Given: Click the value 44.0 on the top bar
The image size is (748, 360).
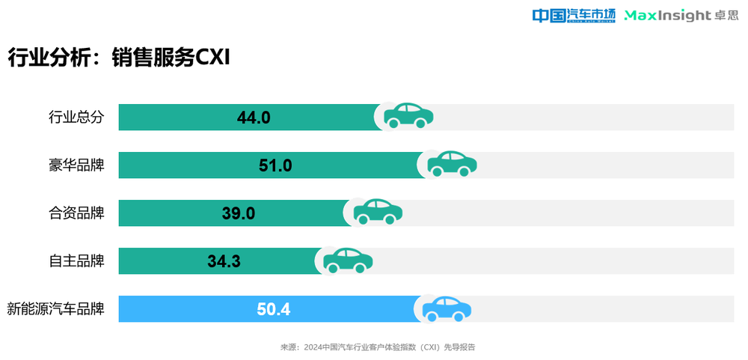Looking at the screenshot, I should coord(253,118).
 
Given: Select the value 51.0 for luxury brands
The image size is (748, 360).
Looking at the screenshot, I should coord(275,165).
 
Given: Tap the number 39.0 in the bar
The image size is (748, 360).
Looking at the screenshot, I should coord(239,213).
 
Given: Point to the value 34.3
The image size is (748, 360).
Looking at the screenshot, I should coord(224,261).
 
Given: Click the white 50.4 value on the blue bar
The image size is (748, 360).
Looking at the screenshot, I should coord(273,309).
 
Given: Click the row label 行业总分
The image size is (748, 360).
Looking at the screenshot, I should coord(76,118).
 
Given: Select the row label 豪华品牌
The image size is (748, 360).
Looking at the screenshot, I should coord(76,165).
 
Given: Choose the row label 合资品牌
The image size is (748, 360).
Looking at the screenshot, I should coord(76,213).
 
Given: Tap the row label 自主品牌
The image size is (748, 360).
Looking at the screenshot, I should coord(76,261).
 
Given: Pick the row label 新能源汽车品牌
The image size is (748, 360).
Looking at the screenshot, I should coord(55,309).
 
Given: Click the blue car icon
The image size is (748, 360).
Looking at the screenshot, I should coord(447,308).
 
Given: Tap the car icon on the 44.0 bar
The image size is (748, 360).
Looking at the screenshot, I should coord(408,116).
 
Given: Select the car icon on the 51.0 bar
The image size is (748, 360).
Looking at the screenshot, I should coord(452,164).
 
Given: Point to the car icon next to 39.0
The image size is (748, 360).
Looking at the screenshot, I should coord(378,212).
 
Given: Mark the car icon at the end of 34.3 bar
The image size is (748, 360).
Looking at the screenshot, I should coord(348,260).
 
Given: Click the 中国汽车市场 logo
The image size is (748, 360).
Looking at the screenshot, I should coord(573,15).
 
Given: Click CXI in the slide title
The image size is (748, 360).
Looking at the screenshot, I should coord(212,58).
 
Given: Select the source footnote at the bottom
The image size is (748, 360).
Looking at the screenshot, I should coord(378,347).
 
